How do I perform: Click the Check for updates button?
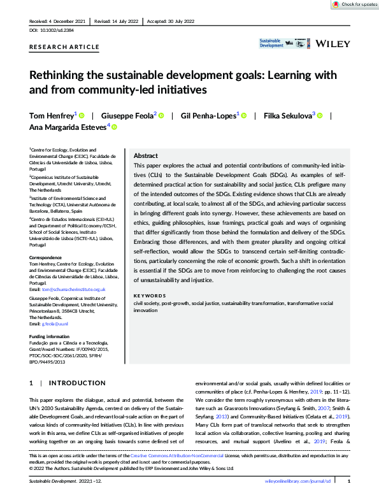click(x=355, y=4)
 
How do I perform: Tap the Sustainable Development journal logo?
click(x=271, y=44)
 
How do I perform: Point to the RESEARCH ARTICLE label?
click(x=64, y=47)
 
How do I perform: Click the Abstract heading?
click(x=146, y=156)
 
